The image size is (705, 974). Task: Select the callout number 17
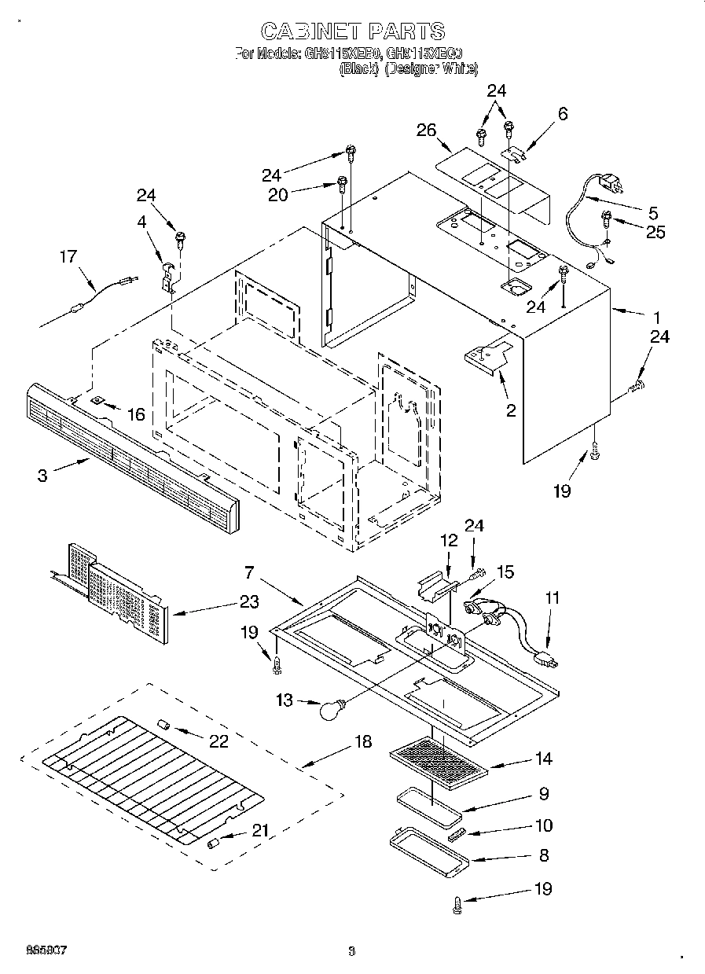69,255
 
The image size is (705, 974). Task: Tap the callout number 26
426,130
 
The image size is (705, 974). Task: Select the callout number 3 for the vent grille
42,475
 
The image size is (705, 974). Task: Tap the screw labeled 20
343,185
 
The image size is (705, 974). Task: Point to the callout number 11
553,598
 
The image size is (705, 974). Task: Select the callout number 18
364,742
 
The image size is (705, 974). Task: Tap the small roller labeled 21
212,843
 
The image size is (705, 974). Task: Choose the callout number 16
136,413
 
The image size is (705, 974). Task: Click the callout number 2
510,410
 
